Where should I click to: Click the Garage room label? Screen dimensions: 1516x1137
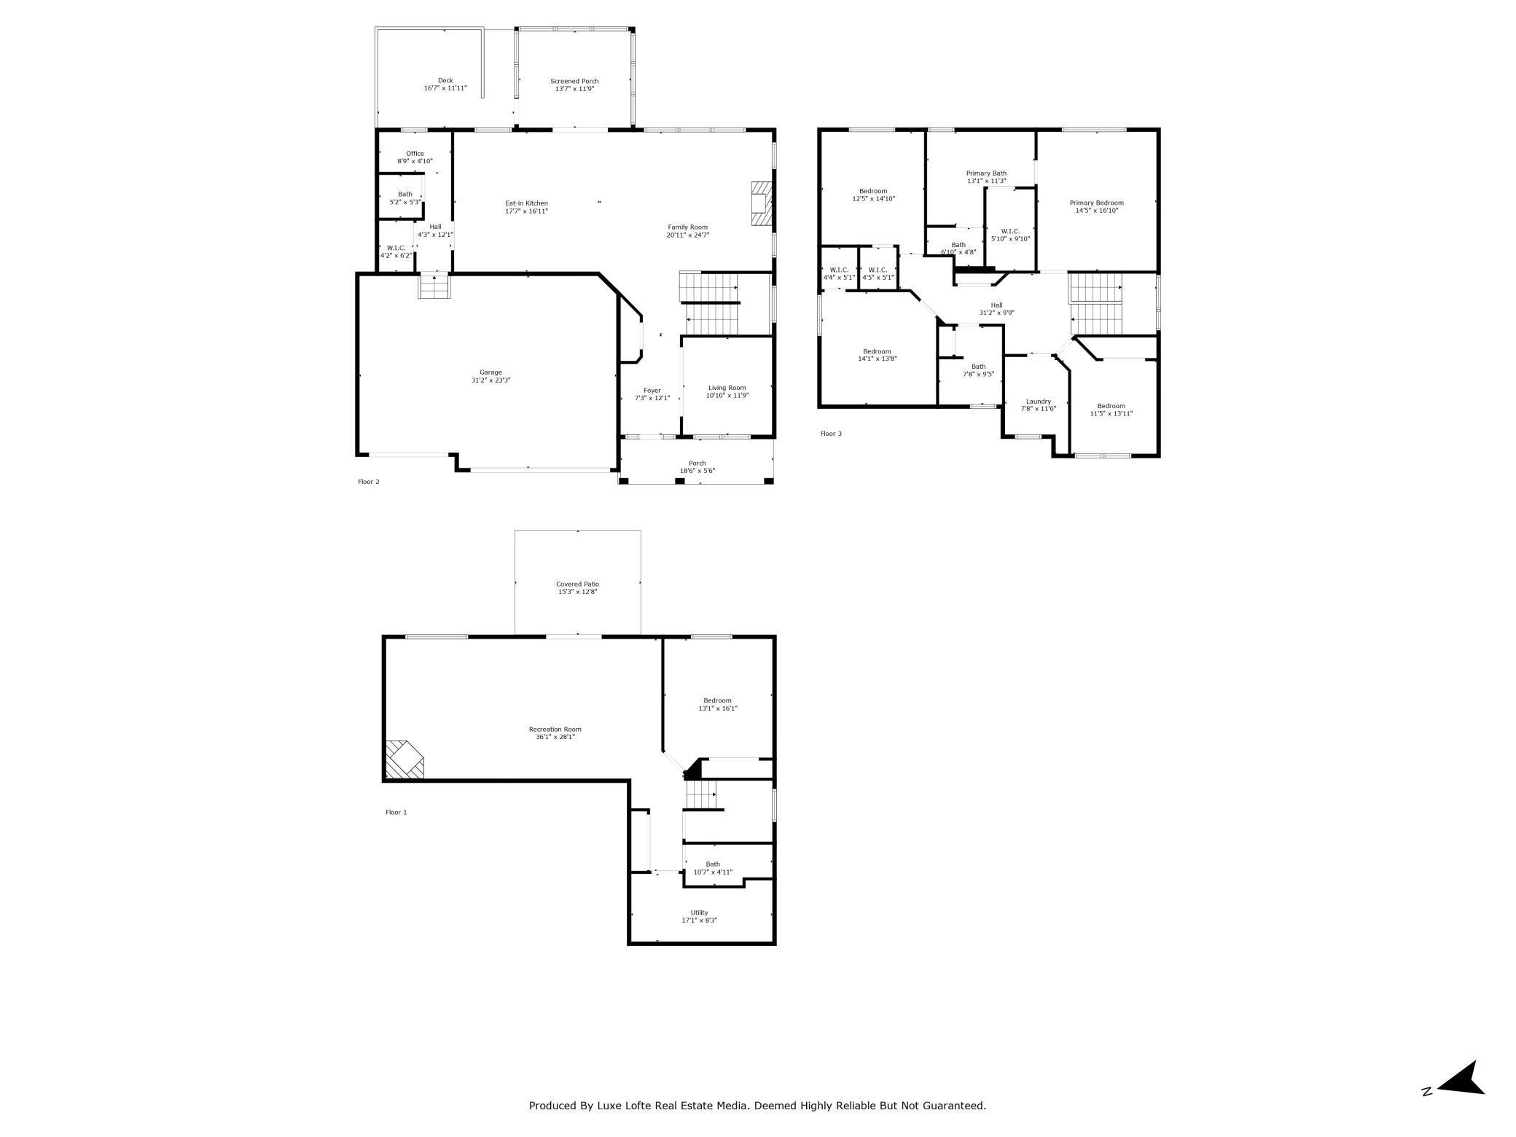point(491,372)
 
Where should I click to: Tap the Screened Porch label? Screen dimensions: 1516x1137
point(574,81)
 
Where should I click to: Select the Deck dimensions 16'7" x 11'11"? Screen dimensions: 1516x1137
point(445,88)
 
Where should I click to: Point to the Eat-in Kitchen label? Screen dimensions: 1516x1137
point(527,203)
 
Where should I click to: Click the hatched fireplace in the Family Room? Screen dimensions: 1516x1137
point(760,204)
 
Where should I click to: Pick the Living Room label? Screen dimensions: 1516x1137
point(727,388)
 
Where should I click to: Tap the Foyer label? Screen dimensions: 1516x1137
point(652,391)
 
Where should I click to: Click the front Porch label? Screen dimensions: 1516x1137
point(698,463)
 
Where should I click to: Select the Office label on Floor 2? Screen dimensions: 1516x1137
point(415,154)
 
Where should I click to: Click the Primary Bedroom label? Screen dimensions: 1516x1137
point(1097,203)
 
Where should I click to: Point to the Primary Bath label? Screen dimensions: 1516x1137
point(987,173)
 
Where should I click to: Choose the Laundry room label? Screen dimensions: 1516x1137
point(1039,402)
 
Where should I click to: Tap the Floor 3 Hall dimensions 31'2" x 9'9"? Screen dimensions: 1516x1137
point(997,313)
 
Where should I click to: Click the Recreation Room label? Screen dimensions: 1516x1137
point(555,729)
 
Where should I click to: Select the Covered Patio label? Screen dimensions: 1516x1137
point(577,584)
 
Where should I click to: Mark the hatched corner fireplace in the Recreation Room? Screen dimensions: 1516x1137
point(403,760)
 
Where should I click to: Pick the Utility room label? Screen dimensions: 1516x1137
point(700,913)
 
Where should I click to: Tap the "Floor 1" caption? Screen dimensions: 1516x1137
point(396,812)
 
